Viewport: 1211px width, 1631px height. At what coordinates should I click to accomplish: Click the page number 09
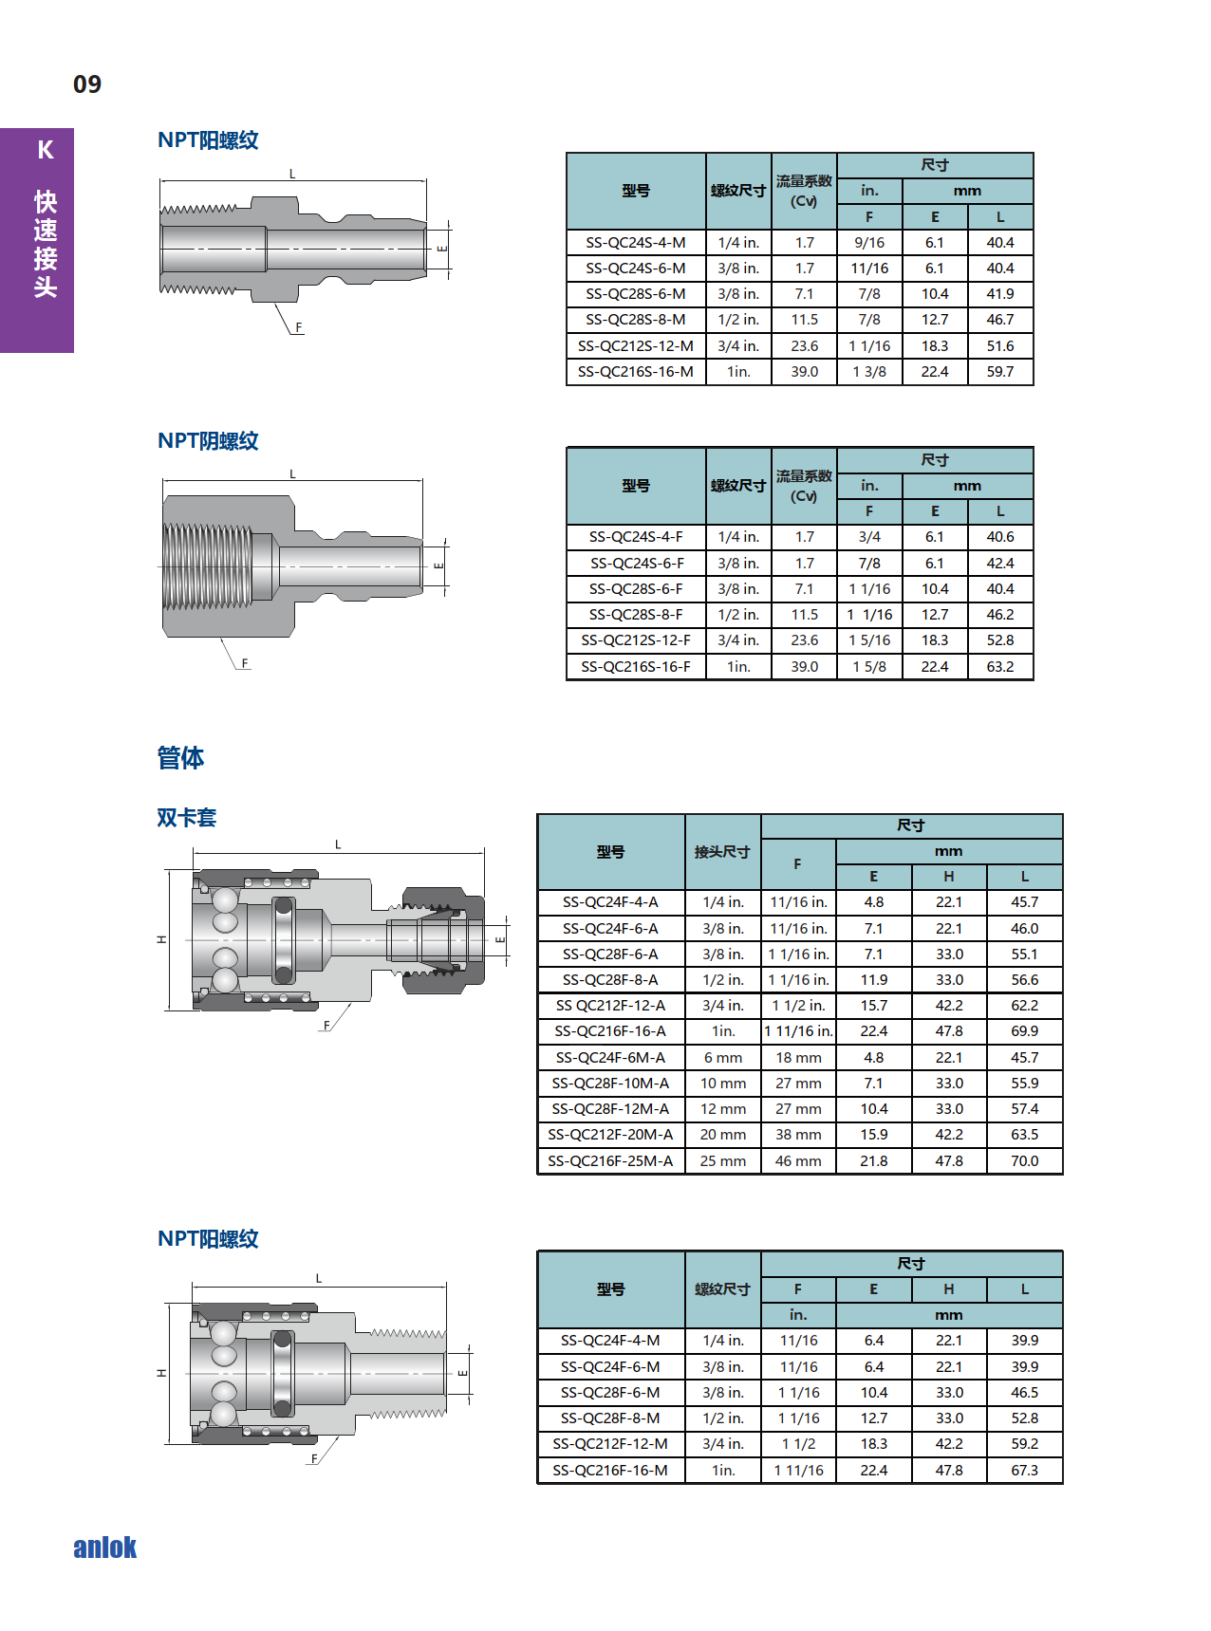point(87,84)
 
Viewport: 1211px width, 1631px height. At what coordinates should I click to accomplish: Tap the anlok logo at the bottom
point(105,1548)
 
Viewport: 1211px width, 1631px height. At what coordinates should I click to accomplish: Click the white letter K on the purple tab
point(46,150)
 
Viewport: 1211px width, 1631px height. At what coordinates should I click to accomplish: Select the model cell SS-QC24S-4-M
point(636,243)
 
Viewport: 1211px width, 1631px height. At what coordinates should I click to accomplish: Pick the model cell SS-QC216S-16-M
point(636,372)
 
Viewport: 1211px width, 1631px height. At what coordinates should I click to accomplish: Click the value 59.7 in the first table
point(1000,372)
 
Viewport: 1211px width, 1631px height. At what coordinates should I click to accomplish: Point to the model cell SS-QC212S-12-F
point(636,640)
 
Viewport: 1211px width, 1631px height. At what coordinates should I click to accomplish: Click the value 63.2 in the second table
point(1000,667)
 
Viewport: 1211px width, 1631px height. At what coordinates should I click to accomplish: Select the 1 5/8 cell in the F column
point(869,667)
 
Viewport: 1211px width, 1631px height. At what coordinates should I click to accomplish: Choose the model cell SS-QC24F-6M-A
point(610,1058)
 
